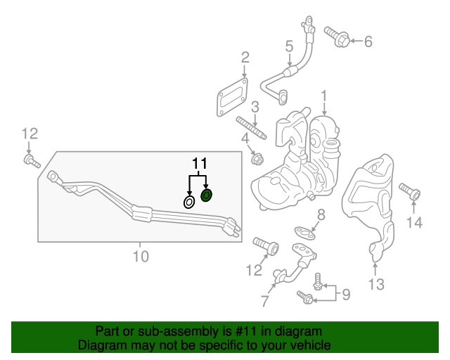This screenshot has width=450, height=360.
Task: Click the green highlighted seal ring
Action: pyautogui.click(x=207, y=195)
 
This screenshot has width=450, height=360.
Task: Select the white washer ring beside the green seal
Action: pyautogui.click(x=190, y=202)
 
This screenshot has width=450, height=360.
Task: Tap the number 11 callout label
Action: pyautogui.click(x=200, y=164)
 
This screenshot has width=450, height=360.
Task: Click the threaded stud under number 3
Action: pyautogui.click(x=251, y=129)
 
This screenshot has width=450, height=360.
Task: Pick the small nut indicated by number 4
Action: pyautogui.click(x=257, y=157)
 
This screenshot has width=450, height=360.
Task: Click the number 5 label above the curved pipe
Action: pyautogui.click(x=289, y=46)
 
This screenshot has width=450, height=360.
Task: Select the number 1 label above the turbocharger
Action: pyautogui.click(x=324, y=95)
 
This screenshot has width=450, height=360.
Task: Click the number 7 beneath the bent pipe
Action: pyautogui.click(x=264, y=301)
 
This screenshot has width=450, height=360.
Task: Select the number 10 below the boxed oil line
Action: pyautogui.click(x=141, y=257)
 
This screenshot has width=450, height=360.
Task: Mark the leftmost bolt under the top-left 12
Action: pyautogui.click(x=30, y=162)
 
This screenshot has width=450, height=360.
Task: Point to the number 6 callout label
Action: pyautogui.click(x=368, y=41)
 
